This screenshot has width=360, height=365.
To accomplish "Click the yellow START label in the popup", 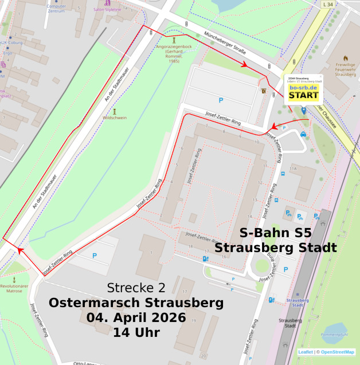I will [303, 95].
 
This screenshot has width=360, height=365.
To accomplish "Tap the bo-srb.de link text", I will [303, 88].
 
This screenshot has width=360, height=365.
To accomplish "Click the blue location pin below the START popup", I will [303, 109].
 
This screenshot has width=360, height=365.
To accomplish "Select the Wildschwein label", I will [115, 117].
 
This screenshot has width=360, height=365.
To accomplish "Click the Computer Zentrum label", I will [56, 8].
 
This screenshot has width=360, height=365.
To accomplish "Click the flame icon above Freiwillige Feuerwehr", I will [345, 58].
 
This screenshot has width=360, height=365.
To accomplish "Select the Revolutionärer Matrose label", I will [14, 288].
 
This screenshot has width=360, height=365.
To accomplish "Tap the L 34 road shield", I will [327, 5].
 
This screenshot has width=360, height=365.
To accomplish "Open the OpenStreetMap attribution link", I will [337, 352].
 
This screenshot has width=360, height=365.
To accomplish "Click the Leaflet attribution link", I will [306, 352].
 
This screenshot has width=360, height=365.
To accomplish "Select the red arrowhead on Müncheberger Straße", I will [245, 65].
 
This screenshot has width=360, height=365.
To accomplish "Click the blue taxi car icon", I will [303, 134].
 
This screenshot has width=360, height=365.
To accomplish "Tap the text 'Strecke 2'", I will [136, 288].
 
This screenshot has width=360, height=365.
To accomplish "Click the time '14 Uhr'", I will [136, 332].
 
